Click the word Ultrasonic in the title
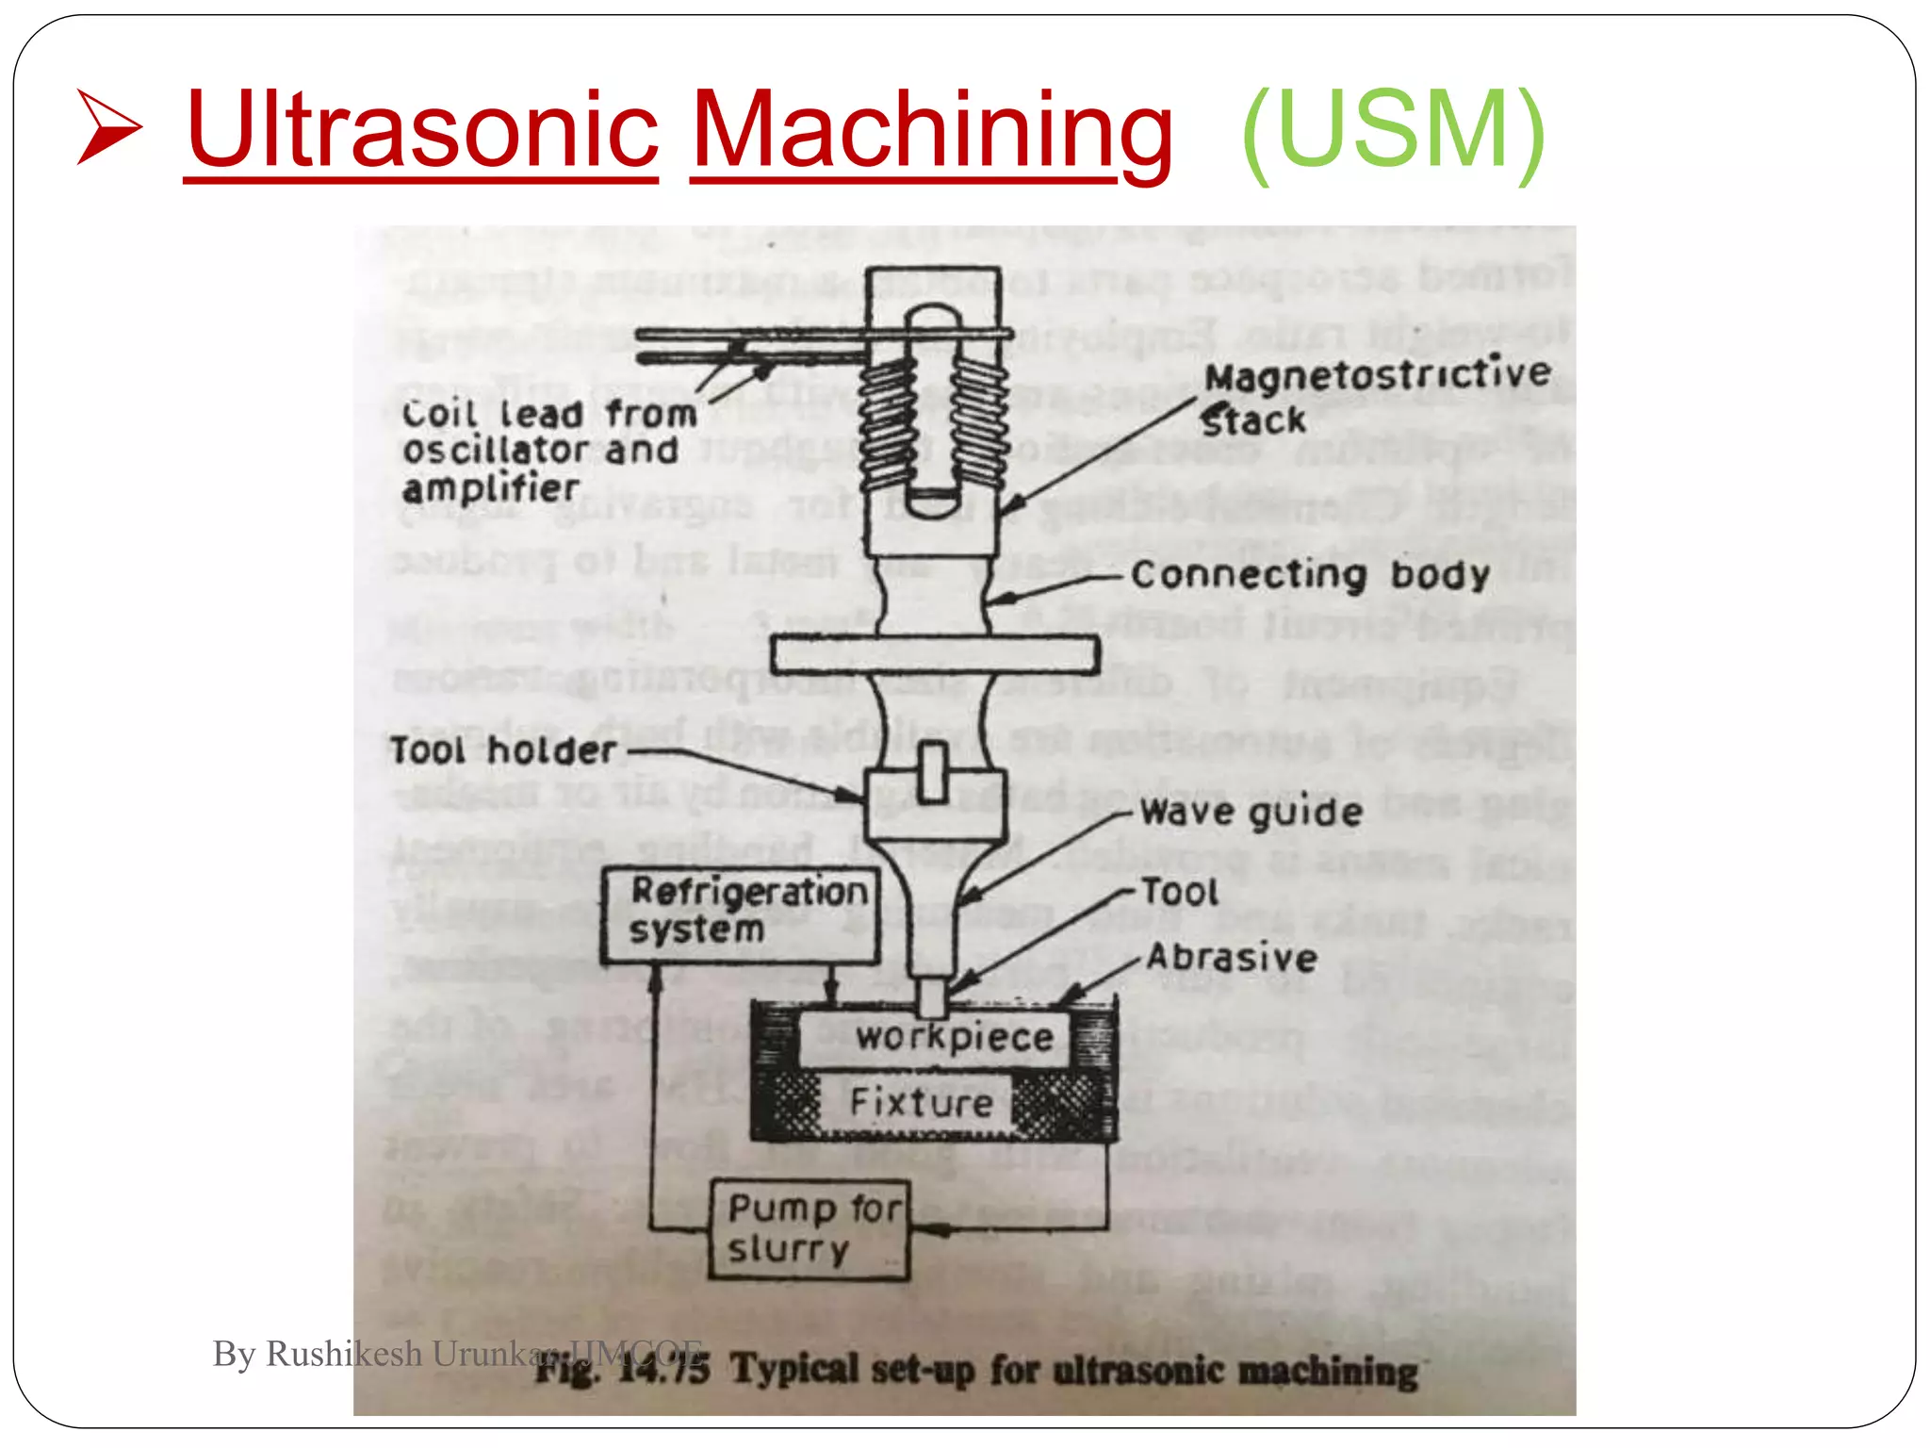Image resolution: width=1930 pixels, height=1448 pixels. pyautogui.click(x=421, y=129)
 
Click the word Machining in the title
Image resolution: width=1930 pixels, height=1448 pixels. pyautogui.click(x=931, y=129)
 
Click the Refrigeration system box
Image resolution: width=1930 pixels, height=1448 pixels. pyautogui.click(x=741, y=913)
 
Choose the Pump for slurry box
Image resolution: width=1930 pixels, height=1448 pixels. pyautogui.click(x=810, y=1229)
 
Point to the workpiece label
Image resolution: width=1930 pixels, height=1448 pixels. pyautogui.click(x=954, y=1037)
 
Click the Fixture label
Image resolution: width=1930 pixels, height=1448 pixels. pyautogui.click(x=921, y=1101)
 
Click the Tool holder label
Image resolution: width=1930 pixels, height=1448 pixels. pyautogui.click(x=503, y=750)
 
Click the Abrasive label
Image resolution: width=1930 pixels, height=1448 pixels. pyautogui.click(x=1232, y=958)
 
